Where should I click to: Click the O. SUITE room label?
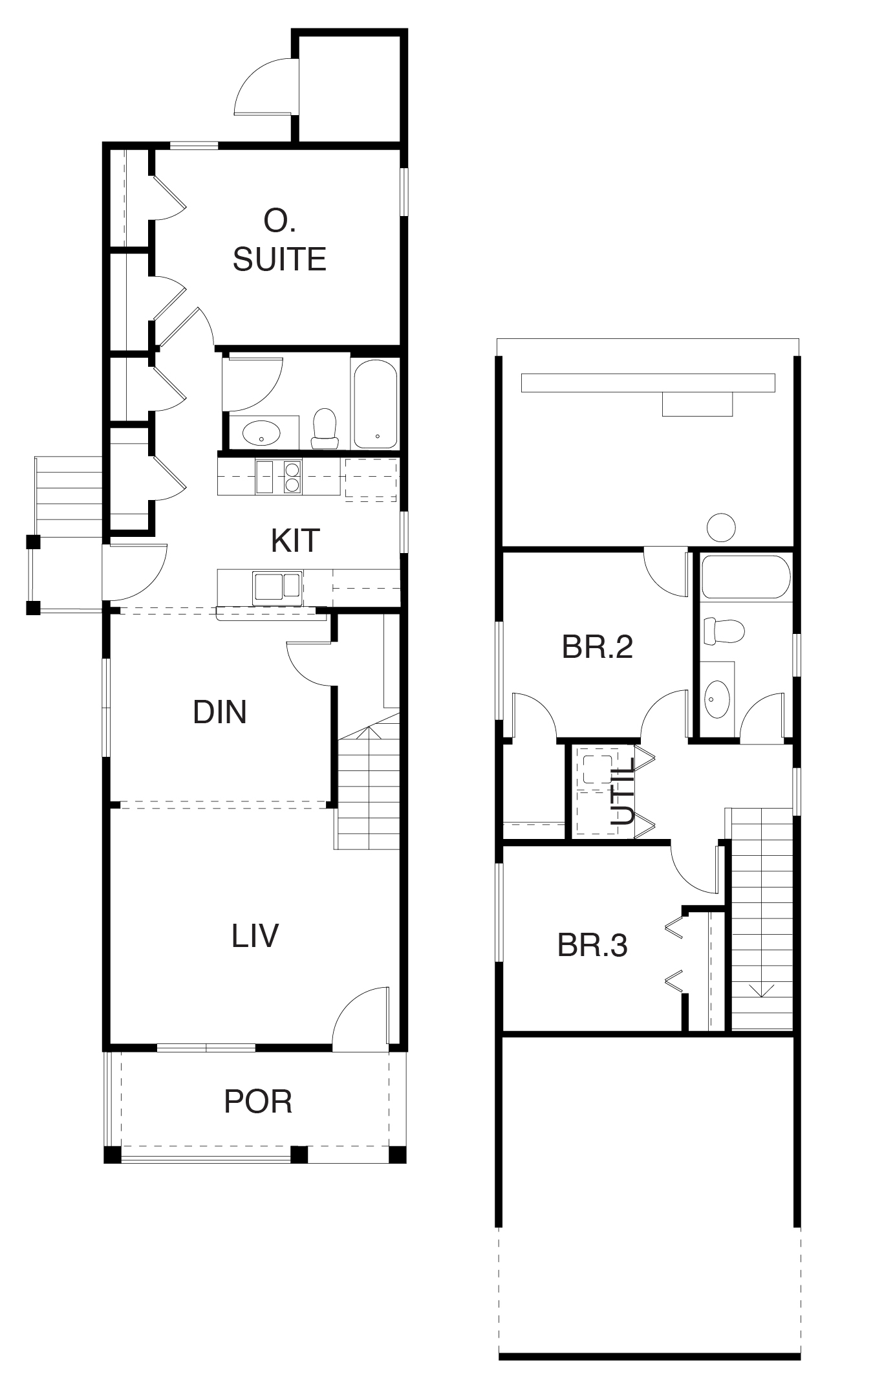tap(279, 241)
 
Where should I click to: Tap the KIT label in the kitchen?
tap(295, 541)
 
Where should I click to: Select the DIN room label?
tap(220, 712)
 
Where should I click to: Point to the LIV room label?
tap(255, 935)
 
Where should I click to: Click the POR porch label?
tap(258, 1102)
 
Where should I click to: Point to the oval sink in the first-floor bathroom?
tap(261, 432)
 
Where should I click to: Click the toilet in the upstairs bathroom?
tap(724, 631)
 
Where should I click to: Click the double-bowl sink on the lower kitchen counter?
tap(277, 587)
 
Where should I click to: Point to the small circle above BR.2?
tap(721, 527)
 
